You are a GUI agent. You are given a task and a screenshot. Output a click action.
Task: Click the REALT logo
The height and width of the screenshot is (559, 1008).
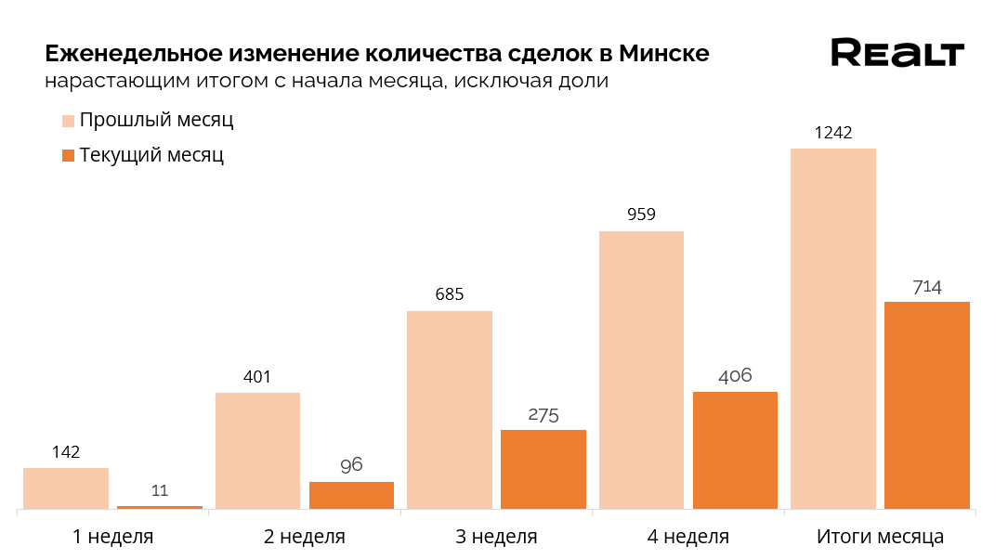[x=897, y=53]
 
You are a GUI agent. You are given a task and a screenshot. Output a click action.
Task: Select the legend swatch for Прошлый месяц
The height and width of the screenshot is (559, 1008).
[x=68, y=121]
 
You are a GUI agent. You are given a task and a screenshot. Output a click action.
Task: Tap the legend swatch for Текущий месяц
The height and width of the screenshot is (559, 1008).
[x=68, y=155]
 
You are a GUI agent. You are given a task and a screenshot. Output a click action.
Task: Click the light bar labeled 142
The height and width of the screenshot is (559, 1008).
[x=66, y=488]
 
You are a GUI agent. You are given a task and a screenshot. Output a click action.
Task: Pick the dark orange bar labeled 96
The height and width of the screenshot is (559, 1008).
[x=351, y=495]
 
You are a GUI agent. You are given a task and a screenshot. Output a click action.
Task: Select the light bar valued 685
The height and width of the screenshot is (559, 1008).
[x=450, y=409]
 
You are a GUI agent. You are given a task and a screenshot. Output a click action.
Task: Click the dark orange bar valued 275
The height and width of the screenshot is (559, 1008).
[x=543, y=469]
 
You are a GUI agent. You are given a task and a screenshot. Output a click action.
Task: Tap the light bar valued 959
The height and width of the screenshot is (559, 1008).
[x=641, y=370]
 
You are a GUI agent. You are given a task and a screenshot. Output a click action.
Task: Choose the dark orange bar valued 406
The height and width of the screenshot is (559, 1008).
[x=735, y=449]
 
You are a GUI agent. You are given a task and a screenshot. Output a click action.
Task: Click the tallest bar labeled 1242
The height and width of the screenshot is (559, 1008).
[x=833, y=329]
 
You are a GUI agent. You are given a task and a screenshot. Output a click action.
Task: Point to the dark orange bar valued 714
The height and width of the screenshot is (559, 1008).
[x=927, y=405]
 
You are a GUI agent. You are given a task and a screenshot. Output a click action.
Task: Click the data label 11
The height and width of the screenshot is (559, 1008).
[x=160, y=490]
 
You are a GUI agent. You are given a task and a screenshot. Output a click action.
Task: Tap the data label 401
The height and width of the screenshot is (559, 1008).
[x=257, y=377]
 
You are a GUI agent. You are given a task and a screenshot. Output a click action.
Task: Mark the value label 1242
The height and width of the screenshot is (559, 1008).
[x=833, y=133]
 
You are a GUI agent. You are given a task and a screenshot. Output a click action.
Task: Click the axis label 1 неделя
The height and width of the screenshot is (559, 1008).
[x=113, y=537]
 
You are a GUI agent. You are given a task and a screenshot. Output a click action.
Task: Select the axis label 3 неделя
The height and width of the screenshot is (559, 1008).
[x=497, y=537]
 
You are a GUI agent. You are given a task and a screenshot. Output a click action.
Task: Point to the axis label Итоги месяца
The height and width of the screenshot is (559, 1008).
[x=880, y=537]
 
